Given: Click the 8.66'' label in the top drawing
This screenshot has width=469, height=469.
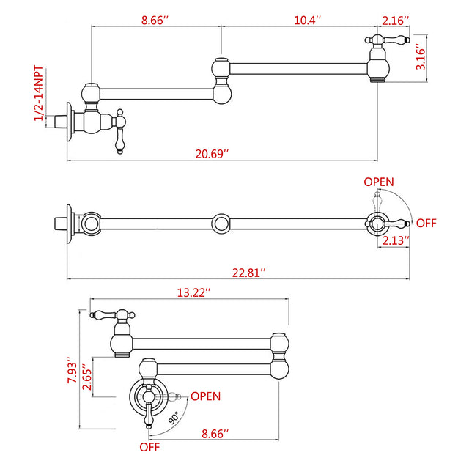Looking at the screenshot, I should [156, 21].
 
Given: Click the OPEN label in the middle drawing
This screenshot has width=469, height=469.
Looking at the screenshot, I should [379, 182].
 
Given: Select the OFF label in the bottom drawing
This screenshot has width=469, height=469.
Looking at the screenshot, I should [150, 446].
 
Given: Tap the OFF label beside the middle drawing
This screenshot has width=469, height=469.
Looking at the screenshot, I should [426, 222].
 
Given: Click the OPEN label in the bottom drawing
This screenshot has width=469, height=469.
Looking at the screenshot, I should [205, 396].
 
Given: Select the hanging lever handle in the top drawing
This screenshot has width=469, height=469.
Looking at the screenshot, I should [120, 134].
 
